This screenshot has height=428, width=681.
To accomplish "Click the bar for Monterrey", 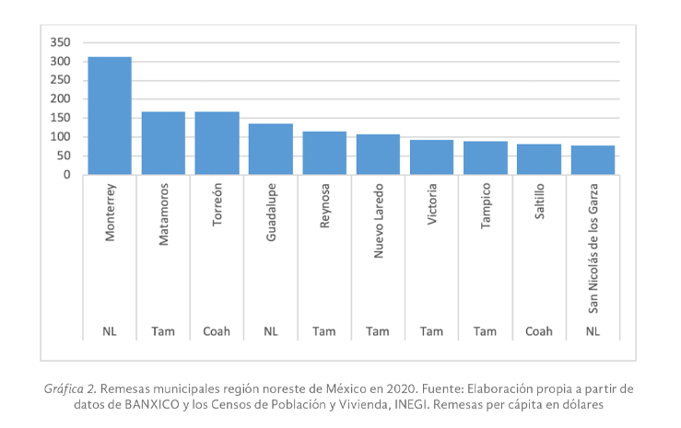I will pyautogui.click(x=110, y=116).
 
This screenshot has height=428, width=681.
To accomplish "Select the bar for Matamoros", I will pyautogui.click(x=163, y=144).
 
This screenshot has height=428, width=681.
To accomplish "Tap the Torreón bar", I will pyautogui.click(x=217, y=144).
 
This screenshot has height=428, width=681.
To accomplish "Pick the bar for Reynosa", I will pyautogui.click(x=324, y=153).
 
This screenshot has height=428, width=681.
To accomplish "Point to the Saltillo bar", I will pyautogui.click(x=539, y=159).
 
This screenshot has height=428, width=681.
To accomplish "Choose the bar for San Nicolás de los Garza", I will pyautogui.click(x=593, y=160).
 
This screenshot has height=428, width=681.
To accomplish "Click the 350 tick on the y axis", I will pyautogui.click(x=60, y=42).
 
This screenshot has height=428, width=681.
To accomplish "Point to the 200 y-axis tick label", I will pyautogui.click(x=60, y=99).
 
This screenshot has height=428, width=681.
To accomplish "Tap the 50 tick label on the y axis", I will pyautogui.click(x=64, y=156).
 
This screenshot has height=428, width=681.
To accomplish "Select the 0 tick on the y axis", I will pyautogui.click(x=67, y=175).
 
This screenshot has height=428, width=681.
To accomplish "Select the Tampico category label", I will pyautogui.click(x=486, y=211).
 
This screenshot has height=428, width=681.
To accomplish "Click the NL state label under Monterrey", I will pyautogui.click(x=110, y=331).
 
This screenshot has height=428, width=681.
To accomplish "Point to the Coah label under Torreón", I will pyautogui.click(x=217, y=331).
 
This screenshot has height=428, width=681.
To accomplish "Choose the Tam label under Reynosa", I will pyautogui.click(x=324, y=331).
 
